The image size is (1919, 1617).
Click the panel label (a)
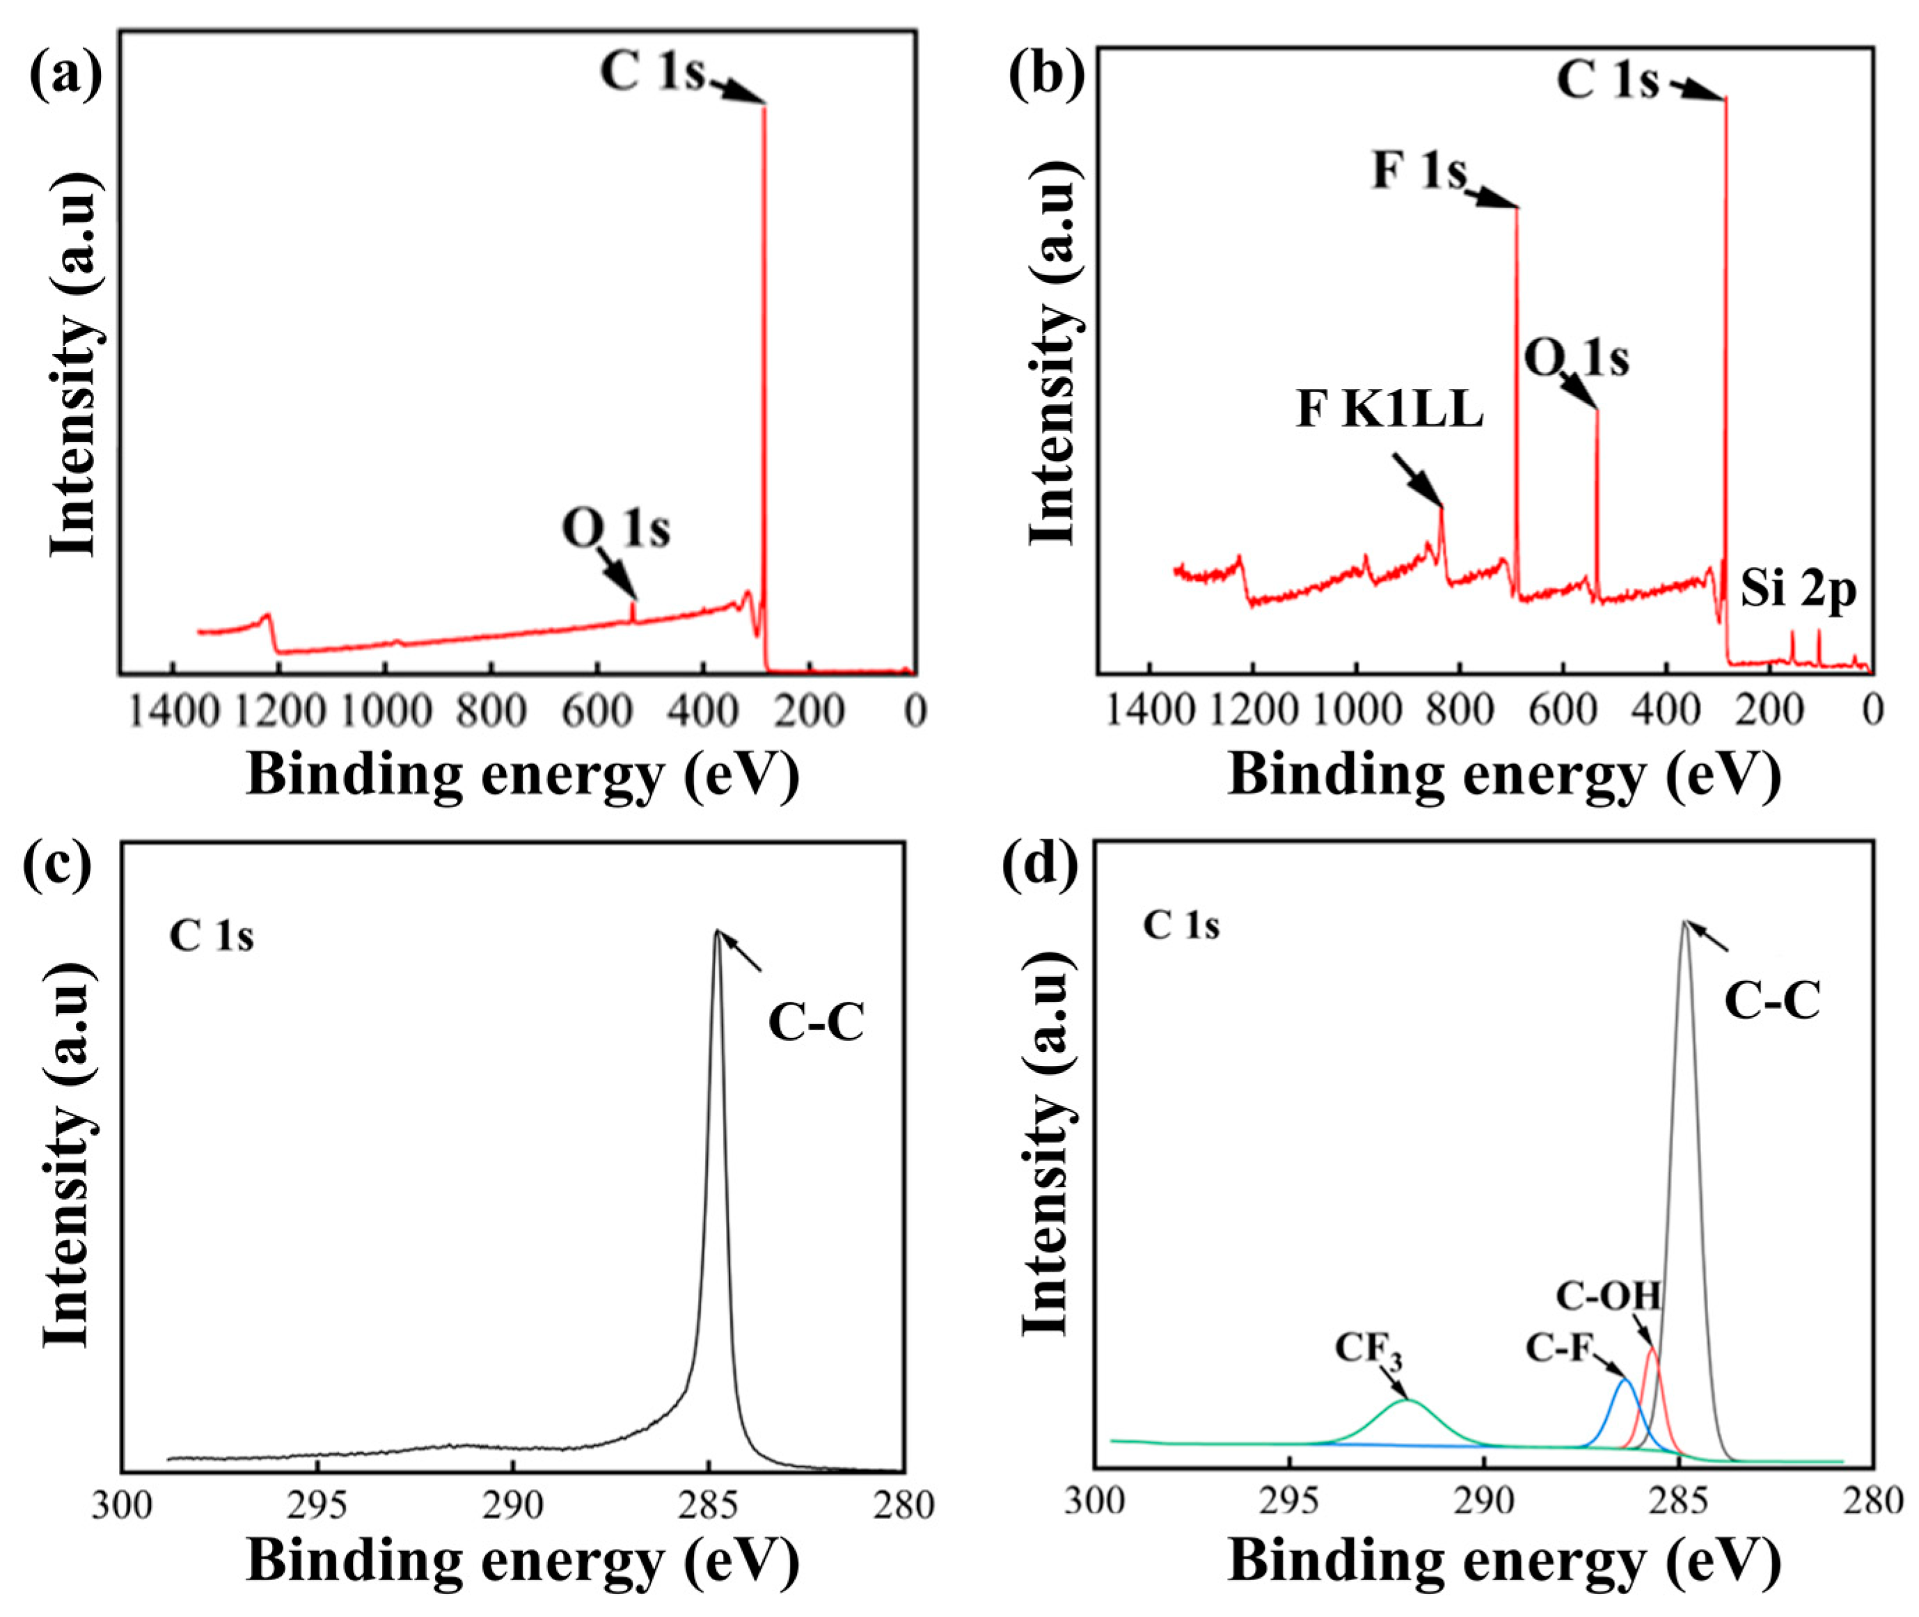point(65,73)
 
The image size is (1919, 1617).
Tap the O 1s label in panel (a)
point(616,528)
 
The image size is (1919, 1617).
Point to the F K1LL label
point(1389,411)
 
